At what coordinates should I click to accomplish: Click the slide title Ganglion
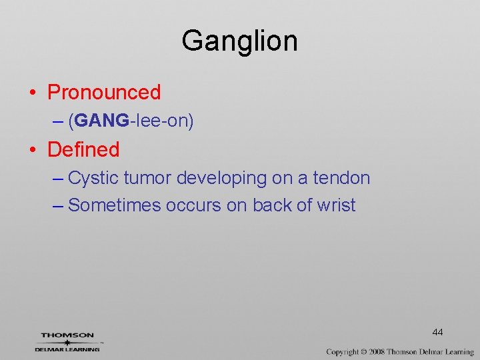(239, 41)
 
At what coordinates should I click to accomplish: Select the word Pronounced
(104, 92)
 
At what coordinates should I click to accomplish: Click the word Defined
(83, 149)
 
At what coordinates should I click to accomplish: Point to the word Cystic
(93, 179)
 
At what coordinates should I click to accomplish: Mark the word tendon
(341, 179)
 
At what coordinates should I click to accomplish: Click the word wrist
(337, 205)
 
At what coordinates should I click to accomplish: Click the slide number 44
(437, 332)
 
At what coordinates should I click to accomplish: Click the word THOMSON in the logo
(67, 335)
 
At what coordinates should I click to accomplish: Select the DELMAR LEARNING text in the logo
(67, 349)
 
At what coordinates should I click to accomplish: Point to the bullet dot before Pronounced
(33, 93)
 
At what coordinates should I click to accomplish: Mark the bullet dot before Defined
(33, 150)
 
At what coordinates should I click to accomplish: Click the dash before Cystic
(57, 179)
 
